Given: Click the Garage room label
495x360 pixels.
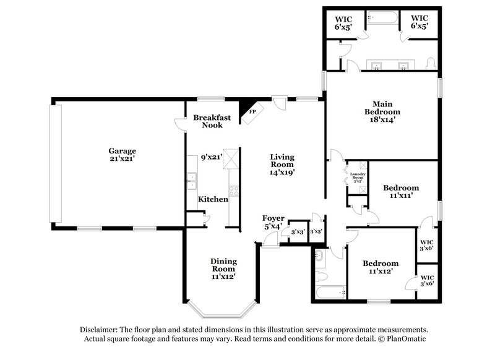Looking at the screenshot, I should [x=123, y=155].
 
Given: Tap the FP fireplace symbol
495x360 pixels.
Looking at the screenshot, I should [x=252, y=111].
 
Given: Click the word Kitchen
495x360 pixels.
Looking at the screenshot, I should [x=213, y=199].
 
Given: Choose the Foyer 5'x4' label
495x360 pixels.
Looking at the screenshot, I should [x=272, y=222].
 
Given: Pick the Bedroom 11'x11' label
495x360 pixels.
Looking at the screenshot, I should [x=400, y=191].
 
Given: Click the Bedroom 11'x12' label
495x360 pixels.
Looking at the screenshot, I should [x=380, y=267].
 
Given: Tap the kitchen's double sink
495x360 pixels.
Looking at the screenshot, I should [x=192, y=179].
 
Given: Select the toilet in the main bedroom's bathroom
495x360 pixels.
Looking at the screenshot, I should [x=431, y=63].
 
